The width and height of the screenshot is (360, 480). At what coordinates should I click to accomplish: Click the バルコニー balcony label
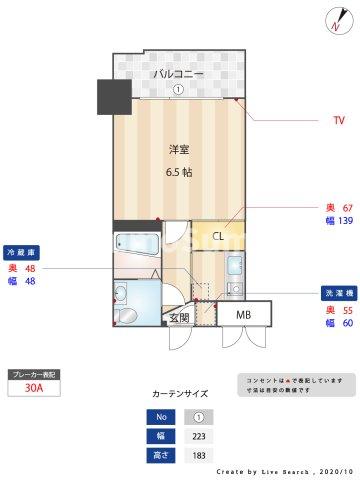(178, 74)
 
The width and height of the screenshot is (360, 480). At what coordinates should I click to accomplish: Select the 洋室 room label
(179, 150)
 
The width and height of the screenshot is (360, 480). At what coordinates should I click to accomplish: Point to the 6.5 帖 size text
(179, 171)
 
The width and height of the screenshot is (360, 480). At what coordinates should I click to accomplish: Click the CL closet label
(218, 236)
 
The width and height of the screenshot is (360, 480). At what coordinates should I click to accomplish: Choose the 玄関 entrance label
(179, 318)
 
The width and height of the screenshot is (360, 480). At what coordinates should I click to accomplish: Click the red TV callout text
(339, 121)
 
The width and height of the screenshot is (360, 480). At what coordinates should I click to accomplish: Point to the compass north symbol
(332, 21)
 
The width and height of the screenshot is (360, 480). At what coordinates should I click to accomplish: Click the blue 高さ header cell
(160, 455)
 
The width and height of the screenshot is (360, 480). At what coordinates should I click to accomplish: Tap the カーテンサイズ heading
(180, 394)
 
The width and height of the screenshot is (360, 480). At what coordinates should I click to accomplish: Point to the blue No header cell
(160, 417)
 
